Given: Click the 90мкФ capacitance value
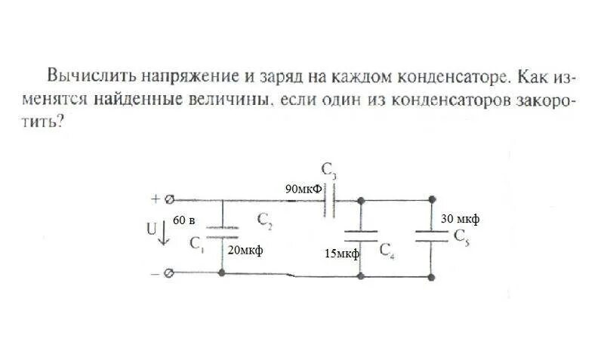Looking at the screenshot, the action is [x=301, y=189].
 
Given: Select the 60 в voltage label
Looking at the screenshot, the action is [x=184, y=220].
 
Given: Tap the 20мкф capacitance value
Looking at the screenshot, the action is [x=245, y=251].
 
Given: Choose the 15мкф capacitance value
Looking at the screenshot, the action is [x=341, y=254].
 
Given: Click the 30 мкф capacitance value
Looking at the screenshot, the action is [x=460, y=219].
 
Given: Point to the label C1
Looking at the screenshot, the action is [x=197, y=243].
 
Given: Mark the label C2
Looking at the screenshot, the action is [x=265, y=220].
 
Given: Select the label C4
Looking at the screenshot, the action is [x=387, y=250].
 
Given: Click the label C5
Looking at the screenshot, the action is [x=462, y=235].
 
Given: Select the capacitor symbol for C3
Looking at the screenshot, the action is [x=331, y=201].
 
